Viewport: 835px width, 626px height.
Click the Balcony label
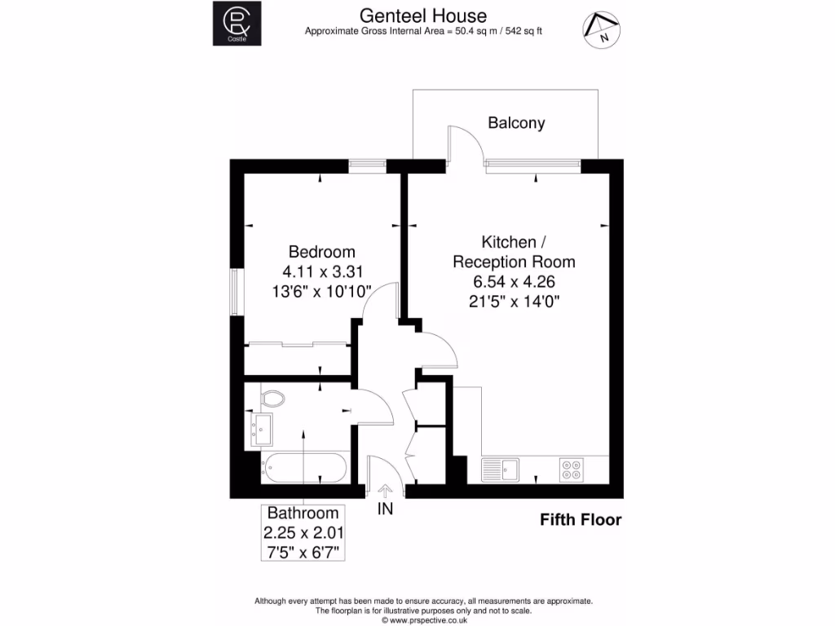click(516, 123)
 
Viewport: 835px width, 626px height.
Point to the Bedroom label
click(322, 252)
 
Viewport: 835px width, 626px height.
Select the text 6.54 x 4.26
click(514, 282)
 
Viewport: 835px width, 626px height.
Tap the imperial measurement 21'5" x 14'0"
click(514, 302)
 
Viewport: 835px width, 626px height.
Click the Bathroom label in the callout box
click(303, 514)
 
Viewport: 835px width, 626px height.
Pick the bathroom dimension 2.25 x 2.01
click(303, 533)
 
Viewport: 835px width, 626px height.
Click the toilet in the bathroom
click(272, 398)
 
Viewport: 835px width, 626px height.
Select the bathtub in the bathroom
click(303, 469)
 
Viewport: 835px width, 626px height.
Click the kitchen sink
click(500, 469)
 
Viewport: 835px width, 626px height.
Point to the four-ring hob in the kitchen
click(571, 469)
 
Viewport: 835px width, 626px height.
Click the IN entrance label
click(385, 510)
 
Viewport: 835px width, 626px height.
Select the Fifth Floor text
click(581, 520)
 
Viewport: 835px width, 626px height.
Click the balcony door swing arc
click(466, 142)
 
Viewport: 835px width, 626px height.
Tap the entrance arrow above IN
click(385, 490)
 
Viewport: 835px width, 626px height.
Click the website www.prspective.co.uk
click(422, 620)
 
